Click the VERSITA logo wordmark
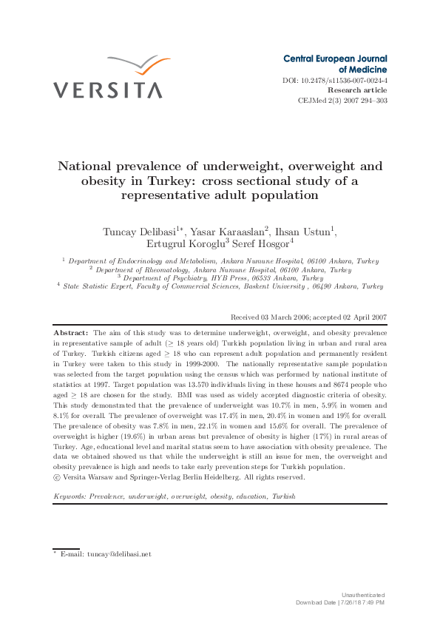pos(107,90)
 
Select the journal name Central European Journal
pos(335,58)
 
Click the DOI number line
pos(335,80)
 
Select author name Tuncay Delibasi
pos(141,232)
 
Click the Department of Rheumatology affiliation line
pos(222,270)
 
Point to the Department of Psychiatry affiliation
pos(222,278)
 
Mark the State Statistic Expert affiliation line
pos(222,286)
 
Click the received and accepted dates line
pos(308,317)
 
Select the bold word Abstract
pos(70,334)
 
